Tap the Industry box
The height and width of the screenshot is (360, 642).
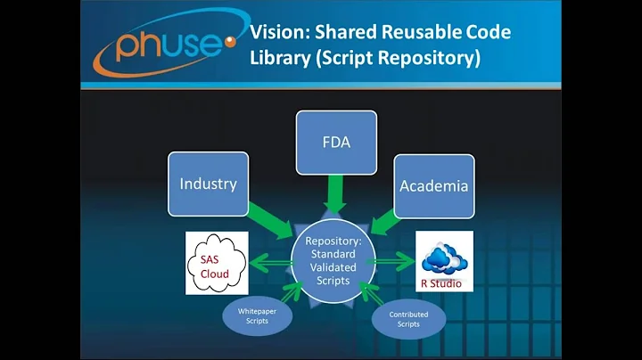coord(208,184)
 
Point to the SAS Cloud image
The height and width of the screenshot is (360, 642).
coord(215,262)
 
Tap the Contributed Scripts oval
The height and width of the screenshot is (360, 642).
coord(409,319)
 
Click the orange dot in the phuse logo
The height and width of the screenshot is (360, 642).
coord(231,41)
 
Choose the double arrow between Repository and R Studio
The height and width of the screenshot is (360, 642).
coord(391,259)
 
